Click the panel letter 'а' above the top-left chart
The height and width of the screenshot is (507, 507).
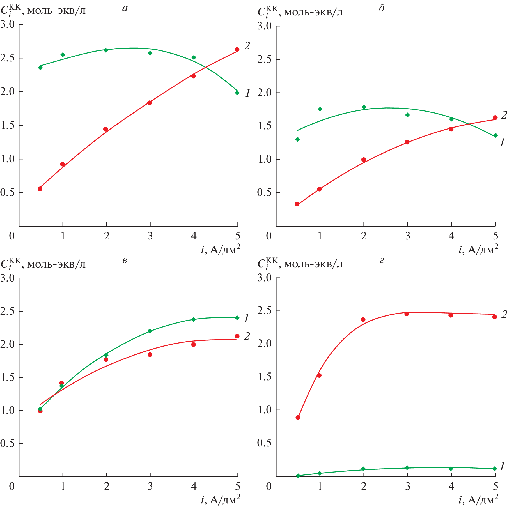[125, 8]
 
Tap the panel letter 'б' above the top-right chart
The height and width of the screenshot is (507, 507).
[382, 8]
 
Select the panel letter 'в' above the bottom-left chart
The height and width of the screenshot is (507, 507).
[125, 260]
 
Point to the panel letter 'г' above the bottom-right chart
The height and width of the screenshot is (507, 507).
[382, 260]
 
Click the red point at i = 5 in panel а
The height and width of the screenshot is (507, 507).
[237, 49]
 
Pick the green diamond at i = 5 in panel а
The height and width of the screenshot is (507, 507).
[237, 93]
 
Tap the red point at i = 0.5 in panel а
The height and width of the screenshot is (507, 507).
[40, 189]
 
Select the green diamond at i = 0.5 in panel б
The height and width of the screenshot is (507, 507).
[298, 139]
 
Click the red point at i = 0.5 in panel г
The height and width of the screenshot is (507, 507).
[298, 418]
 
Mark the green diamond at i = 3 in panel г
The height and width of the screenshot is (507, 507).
[407, 468]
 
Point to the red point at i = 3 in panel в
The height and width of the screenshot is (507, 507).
[150, 355]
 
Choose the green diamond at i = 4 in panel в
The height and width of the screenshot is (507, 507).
[194, 319]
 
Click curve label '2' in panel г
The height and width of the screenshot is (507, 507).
[504, 314]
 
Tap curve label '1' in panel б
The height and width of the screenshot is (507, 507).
[502, 143]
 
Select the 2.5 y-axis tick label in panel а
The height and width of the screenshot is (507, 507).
[8, 58]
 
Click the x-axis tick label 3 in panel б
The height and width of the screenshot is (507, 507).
[407, 236]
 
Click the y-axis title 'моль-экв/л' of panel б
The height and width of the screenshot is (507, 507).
[313, 12]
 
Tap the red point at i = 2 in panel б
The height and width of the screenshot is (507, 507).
[364, 160]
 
